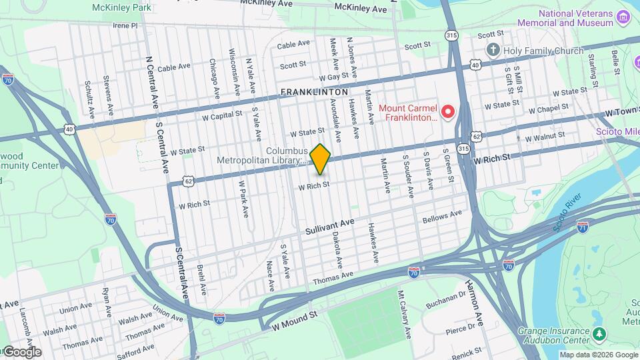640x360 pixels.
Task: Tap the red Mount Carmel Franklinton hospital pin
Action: pyautogui.click(x=448, y=111)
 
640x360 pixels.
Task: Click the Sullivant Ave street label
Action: pyautogui.click(x=329, y=227)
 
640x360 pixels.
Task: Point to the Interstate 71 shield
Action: pyautogui.click(x=583, y=227)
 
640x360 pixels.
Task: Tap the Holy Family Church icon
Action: pyautogui.click(x=493, y=49)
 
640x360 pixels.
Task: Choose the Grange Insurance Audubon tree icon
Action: pyautogui.click(x=600, y=333)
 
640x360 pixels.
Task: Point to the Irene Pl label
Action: pyautogui.click(x=125, y=25)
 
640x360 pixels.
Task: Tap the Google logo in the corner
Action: pyautogui.click(x=21, y=351)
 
